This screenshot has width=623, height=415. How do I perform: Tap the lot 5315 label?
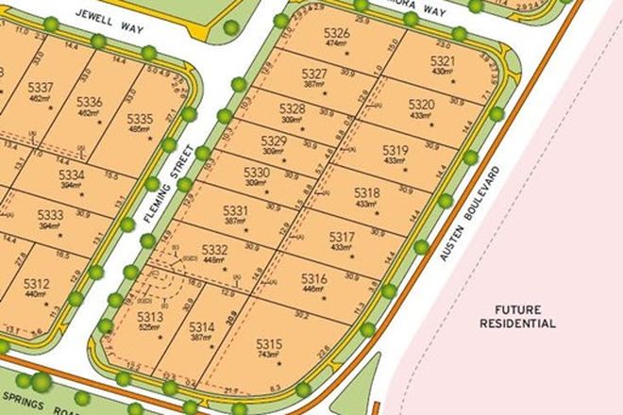click(269, 342)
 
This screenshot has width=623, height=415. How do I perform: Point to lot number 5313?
click(151, 318)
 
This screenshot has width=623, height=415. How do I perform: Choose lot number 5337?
click(42, 88)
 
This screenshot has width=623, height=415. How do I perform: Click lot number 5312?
click(37, 283)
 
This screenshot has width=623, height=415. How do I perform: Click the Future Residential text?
click(517, 316)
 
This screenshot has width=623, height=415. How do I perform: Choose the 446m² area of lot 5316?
click(313, 290)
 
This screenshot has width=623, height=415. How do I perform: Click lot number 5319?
click(396, 150)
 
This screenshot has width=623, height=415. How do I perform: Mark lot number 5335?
click(139, 118)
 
